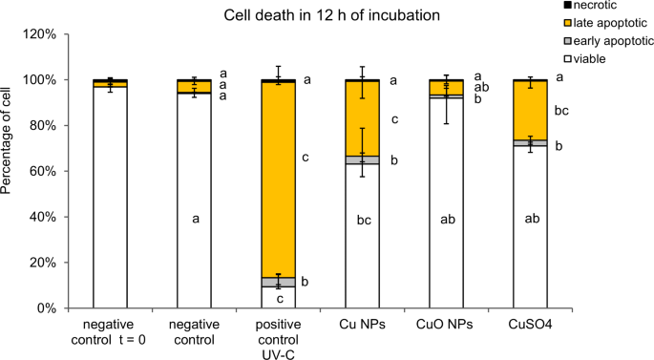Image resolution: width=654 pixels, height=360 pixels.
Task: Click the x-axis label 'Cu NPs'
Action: coord(363,325)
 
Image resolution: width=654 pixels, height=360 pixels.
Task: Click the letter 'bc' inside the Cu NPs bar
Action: coord(363,220)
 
